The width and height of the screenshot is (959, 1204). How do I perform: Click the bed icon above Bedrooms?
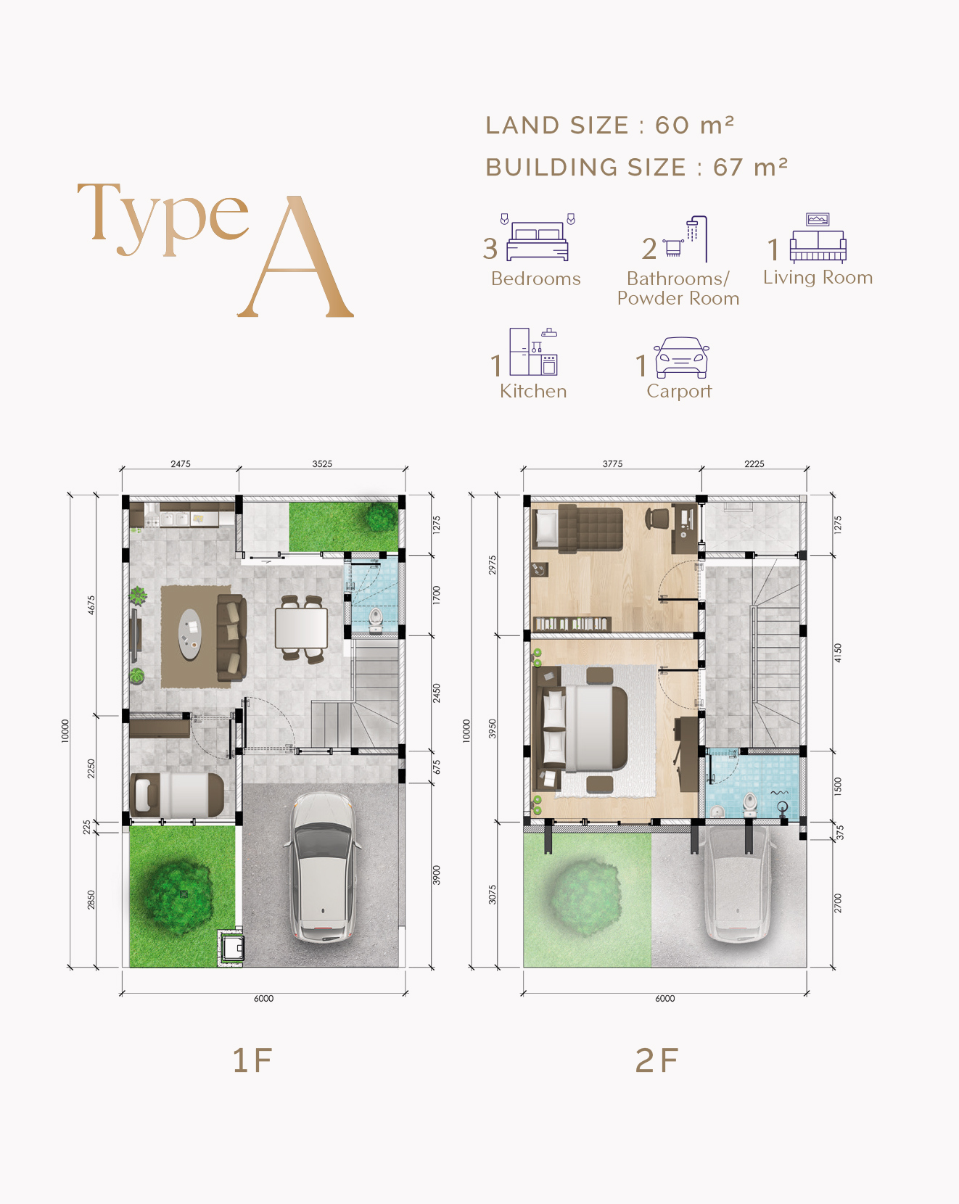pos(538,238)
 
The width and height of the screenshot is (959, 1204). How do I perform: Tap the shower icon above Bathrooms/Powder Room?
pos(685,239)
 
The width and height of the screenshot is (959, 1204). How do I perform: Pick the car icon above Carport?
pos(681,358)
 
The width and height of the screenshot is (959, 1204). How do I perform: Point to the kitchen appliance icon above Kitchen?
pos(533,352)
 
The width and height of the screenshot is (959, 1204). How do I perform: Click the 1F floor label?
pos(252,1060)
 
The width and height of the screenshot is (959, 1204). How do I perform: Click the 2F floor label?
pos(657,1060)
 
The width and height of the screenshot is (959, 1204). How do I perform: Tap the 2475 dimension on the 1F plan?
pos(181,463)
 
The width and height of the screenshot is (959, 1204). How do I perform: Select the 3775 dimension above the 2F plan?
pos(612,463)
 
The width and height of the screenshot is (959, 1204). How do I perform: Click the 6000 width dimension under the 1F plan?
pos(263,999)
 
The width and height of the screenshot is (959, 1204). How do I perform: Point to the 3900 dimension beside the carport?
pos(437,875)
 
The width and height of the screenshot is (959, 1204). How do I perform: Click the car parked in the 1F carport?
pos(324,867)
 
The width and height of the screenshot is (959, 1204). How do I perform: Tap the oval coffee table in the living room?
pos(190,635)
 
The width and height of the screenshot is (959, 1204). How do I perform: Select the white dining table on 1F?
pos(301,628)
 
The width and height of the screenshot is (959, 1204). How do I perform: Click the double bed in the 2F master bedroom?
pos(585,728)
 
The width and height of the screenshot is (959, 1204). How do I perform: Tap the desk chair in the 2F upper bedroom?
pos(657,519)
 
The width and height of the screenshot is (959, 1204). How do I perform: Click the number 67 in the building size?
pos(728,168)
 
